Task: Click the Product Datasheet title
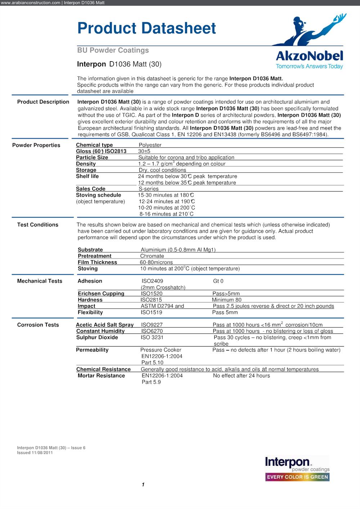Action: click(147, 28)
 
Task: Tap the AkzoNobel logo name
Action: click(309, 56)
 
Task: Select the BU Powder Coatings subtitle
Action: click(113, 50)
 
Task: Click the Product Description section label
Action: click(43, 102)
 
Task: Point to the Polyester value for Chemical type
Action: click(150, 145)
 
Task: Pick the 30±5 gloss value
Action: click(144, 151)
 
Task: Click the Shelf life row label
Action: click(87, 176)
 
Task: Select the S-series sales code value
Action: click(149, 189)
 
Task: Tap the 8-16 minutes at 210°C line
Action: click(166, 214)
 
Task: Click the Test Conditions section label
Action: click(38, 225)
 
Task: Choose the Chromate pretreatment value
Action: click(152, 256)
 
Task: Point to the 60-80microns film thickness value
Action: click(156, 263)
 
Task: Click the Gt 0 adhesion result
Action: click(218, 281)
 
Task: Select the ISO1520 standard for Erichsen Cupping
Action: click(152, 294)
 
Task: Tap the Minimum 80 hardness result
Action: click(226, 300)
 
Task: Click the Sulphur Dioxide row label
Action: click(97, 337)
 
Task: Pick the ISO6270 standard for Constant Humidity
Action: click(152, 331)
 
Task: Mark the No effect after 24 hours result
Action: click(241, 376)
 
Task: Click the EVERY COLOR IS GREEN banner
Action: click(297, 477)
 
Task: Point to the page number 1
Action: click(143, 485)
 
